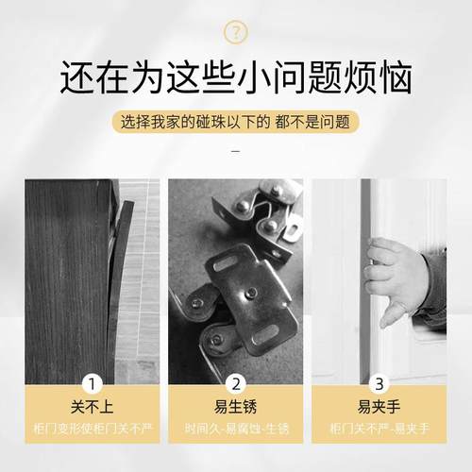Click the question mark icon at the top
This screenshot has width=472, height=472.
point(236,33)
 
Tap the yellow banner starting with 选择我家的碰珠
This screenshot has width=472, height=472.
point(236,124)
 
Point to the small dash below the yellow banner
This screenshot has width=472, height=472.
point(236,151)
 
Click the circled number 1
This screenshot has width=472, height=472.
point(93,383)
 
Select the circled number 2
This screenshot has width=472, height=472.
point(237,383)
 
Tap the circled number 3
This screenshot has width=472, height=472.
point(380,383)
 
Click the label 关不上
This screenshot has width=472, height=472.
point(93,408)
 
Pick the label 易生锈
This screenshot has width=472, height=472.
point(237,408)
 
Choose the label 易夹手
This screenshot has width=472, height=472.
point(380,408)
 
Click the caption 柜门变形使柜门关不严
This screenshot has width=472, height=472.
point(93,429)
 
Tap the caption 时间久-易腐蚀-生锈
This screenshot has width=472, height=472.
point(237,429)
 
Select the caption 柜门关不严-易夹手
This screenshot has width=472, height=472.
point(380,429)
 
